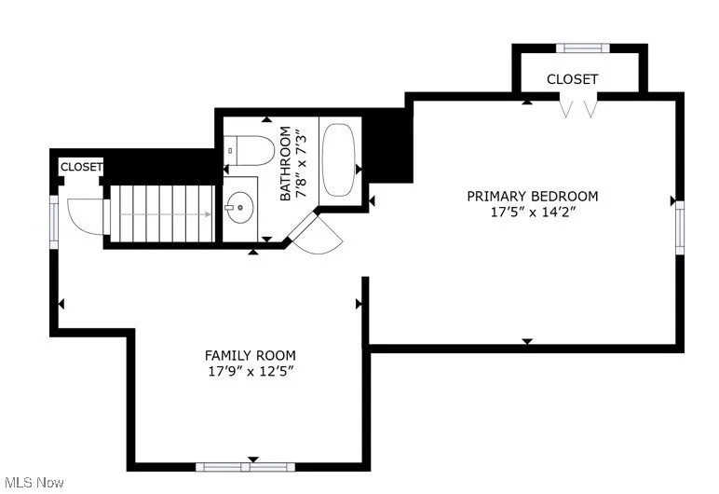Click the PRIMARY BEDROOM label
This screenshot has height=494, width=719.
click(532, 196)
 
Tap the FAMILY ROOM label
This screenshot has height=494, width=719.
click(250, 355)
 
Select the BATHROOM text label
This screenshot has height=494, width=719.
click(286, 164)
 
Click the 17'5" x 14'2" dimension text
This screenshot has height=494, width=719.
click(532, 212)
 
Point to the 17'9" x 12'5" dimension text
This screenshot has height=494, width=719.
click(250, 371)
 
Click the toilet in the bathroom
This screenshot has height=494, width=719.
click(249, 149)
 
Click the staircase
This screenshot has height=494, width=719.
click(164, 213)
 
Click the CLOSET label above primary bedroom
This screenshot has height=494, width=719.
click(572, 79)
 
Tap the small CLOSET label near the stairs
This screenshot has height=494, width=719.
click(81, 167)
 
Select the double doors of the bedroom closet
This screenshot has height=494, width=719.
click(577, 108)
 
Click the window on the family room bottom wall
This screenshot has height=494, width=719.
click(245, 466)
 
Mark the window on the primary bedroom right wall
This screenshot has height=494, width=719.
click(679, 227)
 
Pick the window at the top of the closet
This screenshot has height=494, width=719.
click(582, 48)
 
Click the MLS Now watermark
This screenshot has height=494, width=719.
click(33, 482)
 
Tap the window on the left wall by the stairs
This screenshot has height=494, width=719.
click(54, 220)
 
